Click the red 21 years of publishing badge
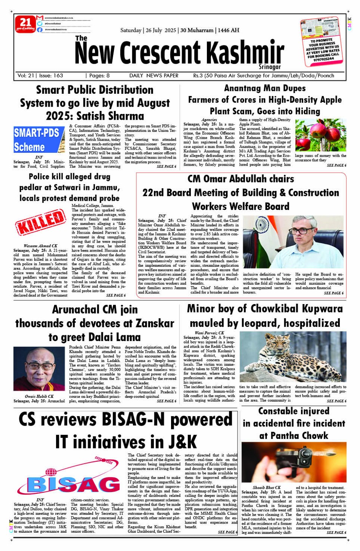(25, 24)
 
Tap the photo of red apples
(320, 135)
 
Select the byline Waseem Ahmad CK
(40, 246)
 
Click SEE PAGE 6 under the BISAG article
(228, 532)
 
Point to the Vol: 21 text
(26, 75)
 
